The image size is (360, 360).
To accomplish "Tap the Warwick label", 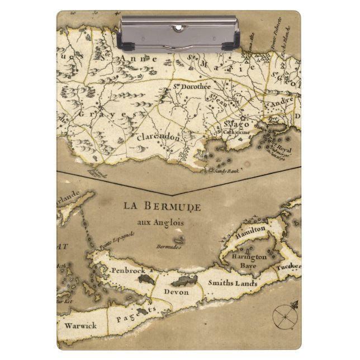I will click(80, 325).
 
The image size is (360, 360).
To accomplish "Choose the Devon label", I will click(177, 292).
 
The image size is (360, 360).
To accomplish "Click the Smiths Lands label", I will click(233, 283).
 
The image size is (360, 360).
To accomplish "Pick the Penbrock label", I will click(128, 270).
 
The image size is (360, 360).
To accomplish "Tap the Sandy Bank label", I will click(226, 170).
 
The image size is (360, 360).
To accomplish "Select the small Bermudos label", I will click(169, 245).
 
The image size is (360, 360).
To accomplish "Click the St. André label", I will click(278, 105).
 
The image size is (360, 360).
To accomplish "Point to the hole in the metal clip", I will click(178, 27).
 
